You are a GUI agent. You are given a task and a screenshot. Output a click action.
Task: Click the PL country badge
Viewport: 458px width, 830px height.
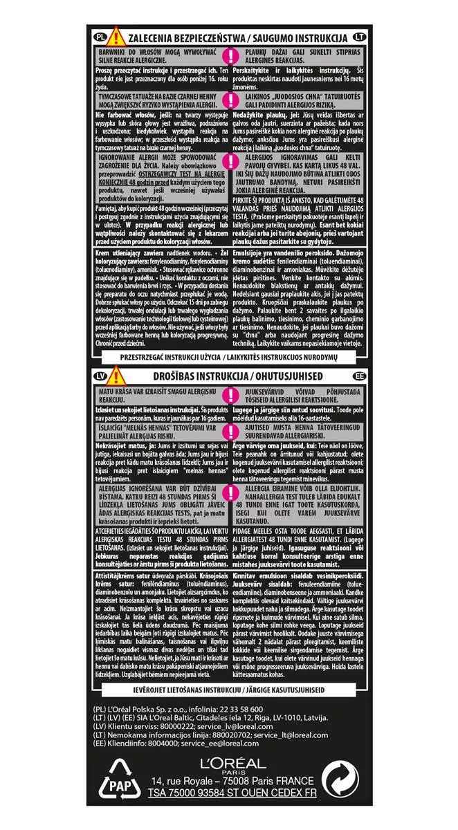[99, 37]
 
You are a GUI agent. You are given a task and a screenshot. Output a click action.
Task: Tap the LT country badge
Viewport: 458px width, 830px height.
[358, 37]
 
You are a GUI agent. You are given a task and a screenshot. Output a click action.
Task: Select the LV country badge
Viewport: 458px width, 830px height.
[99, 376]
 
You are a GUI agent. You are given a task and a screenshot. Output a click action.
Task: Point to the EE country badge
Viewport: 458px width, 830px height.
[358, 376]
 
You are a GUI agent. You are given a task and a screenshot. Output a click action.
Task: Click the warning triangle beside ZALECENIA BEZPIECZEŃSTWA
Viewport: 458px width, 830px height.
[114, 35]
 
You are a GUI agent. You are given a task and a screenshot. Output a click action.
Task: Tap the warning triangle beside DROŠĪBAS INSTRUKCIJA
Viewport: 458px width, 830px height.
[114, 375]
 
